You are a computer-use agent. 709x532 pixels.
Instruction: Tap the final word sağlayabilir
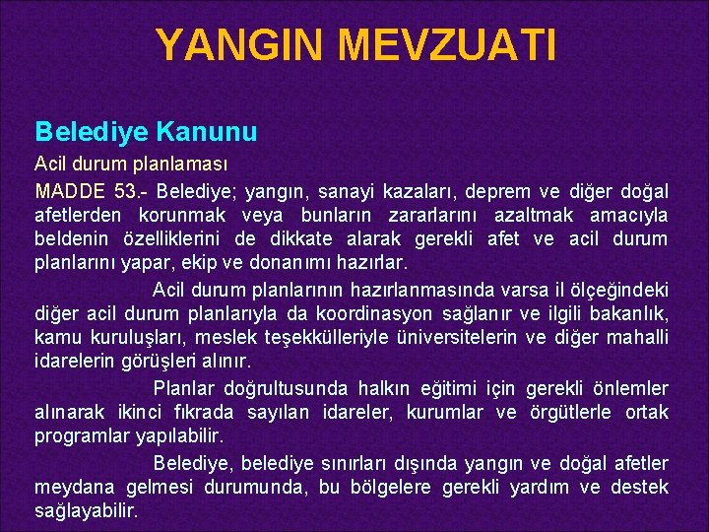pyautogui.click(x=86, y=512)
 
